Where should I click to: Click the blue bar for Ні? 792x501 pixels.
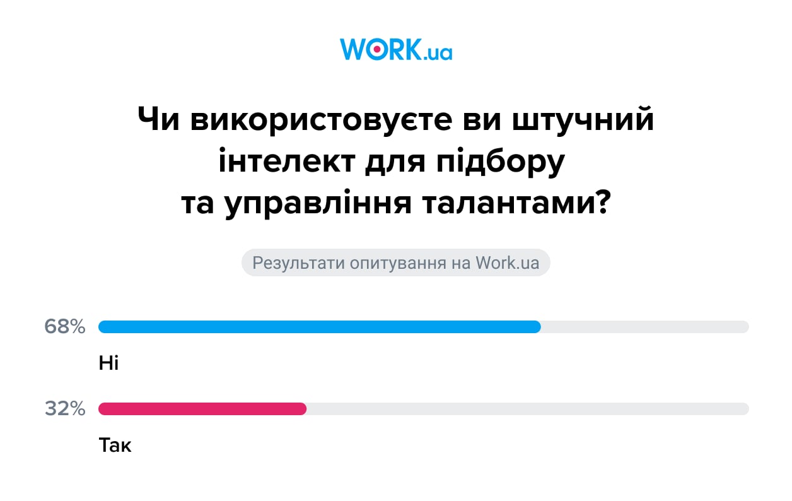pos(319,327)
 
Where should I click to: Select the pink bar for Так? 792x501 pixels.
pos(202,409)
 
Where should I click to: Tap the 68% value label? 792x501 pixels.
pos(64,327)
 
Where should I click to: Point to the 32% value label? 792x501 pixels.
pos(65,409)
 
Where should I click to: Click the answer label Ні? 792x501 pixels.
pos(108,363)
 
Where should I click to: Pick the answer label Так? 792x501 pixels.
pos(115,446)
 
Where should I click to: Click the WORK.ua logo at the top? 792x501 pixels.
pos(396,49)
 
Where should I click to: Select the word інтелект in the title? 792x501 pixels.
pos(287,162)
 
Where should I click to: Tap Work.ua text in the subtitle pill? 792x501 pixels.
pos(508,262)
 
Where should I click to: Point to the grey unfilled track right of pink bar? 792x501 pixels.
pos(527,409)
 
